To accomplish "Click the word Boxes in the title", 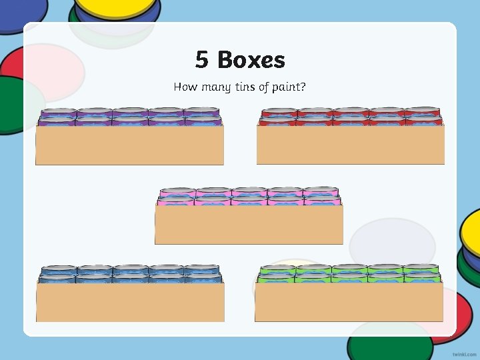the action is pos(251,60).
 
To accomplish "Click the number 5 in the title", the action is pos(202,60).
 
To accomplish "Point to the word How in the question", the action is pos(185,87).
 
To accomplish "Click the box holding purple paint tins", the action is pos(129,145).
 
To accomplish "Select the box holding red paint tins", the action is pos(350,145).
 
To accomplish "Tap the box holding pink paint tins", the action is pos(249,224).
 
